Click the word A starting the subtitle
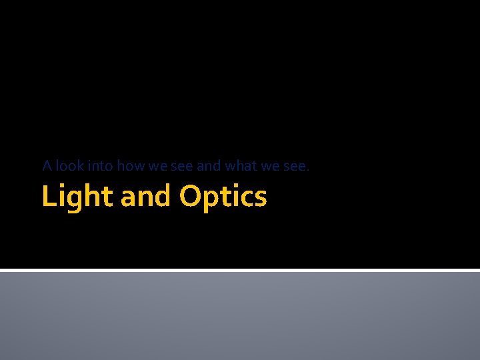coord(47,165)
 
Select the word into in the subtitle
coord(100,165)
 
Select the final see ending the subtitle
coord(294,165)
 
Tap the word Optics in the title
coord(223,197)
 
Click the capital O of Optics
coord(190,196)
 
